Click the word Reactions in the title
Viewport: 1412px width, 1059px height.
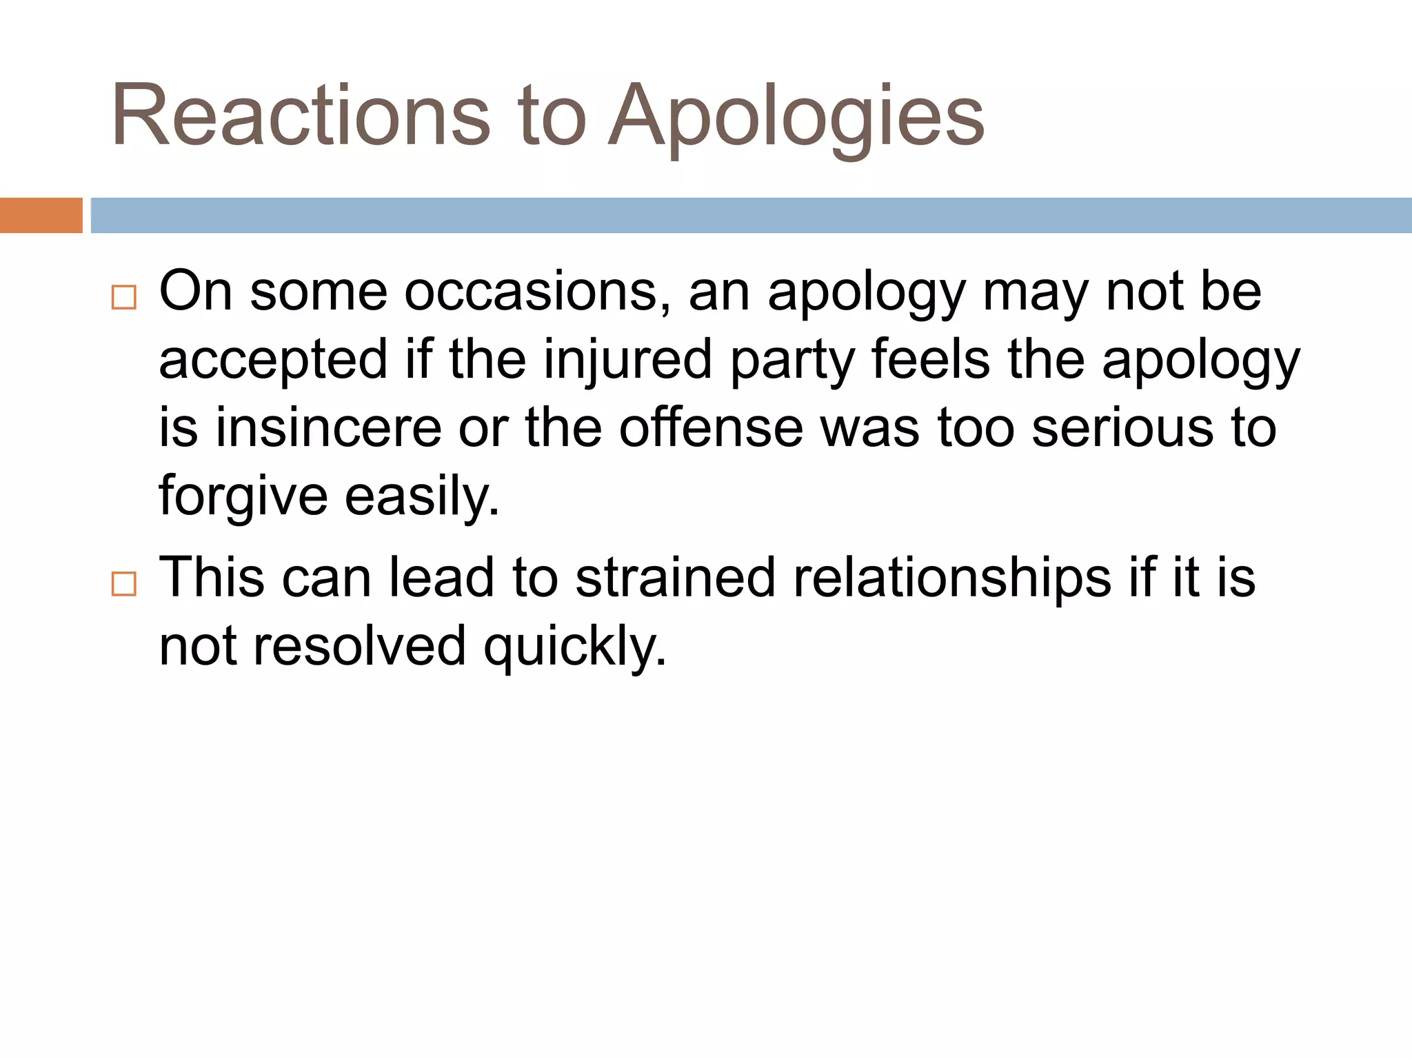tap(301, 116)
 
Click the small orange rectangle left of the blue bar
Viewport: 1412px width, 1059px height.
tap(41, 215)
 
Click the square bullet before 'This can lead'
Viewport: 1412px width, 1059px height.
tap(123, 584)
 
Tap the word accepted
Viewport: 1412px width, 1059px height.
tap(274, 361)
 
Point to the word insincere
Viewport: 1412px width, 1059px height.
tap(328, 428)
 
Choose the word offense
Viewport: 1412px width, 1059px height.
tap(710, 428)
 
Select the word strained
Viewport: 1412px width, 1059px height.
tap(675, 578)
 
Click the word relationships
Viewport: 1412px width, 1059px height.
tap(952, 578)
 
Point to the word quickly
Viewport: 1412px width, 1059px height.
tap(575, 647)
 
